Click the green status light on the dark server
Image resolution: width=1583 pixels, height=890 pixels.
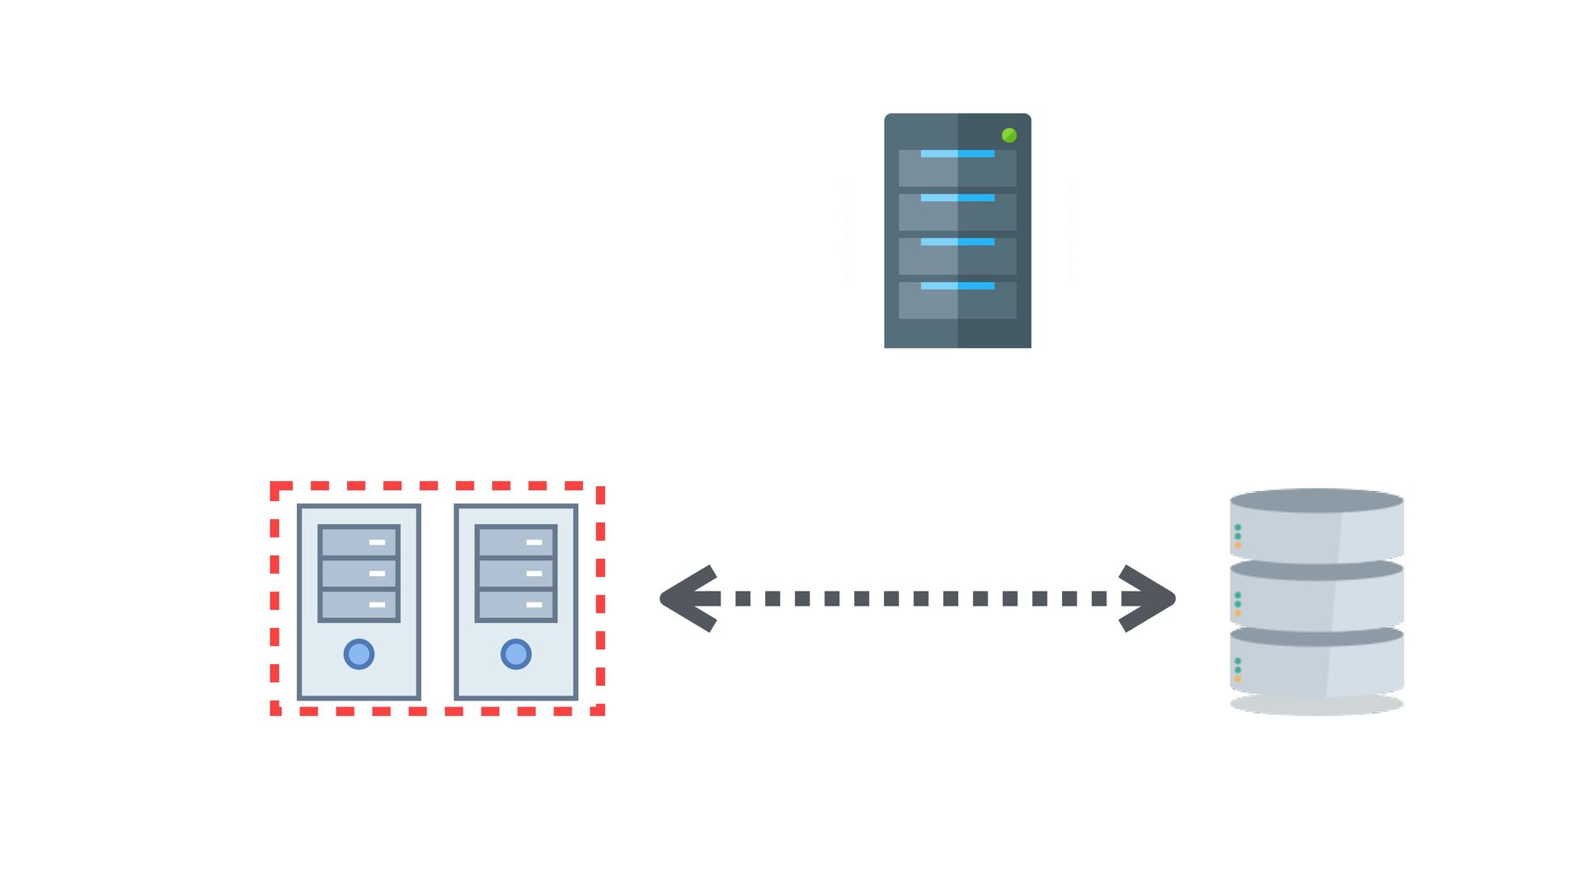[x=1008, y=135]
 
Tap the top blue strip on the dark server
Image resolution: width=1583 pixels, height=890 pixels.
[x=957, y=154]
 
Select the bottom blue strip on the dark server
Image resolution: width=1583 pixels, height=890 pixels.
[x=957, y=286]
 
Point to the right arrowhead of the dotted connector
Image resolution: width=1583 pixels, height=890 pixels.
[x=1149, y=598]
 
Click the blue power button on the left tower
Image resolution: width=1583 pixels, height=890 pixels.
[x=359, y=654]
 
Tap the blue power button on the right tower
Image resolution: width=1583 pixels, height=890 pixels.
[x=516, y=654]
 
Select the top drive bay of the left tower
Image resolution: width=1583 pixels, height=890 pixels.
[x=359, y=542]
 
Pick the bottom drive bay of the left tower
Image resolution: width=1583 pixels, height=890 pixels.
[x=359, y=605]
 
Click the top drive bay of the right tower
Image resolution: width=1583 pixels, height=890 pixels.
[x=516, y=542]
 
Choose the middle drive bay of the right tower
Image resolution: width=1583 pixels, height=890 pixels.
[x=516, y=574]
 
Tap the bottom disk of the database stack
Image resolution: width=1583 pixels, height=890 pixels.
[x=1317, y=666]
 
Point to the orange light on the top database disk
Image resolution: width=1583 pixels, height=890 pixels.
[x=1238, y=546]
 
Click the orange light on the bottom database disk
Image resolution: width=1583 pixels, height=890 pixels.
[x=1238, y=679]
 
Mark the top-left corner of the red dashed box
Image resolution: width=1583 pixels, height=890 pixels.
[x=275, y=487]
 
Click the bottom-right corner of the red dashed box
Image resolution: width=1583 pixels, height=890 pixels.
[x=600, y=710]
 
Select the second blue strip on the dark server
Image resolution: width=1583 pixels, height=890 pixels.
[x=957, y=198]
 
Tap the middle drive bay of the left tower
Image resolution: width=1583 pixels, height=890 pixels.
[x=359, y=574]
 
